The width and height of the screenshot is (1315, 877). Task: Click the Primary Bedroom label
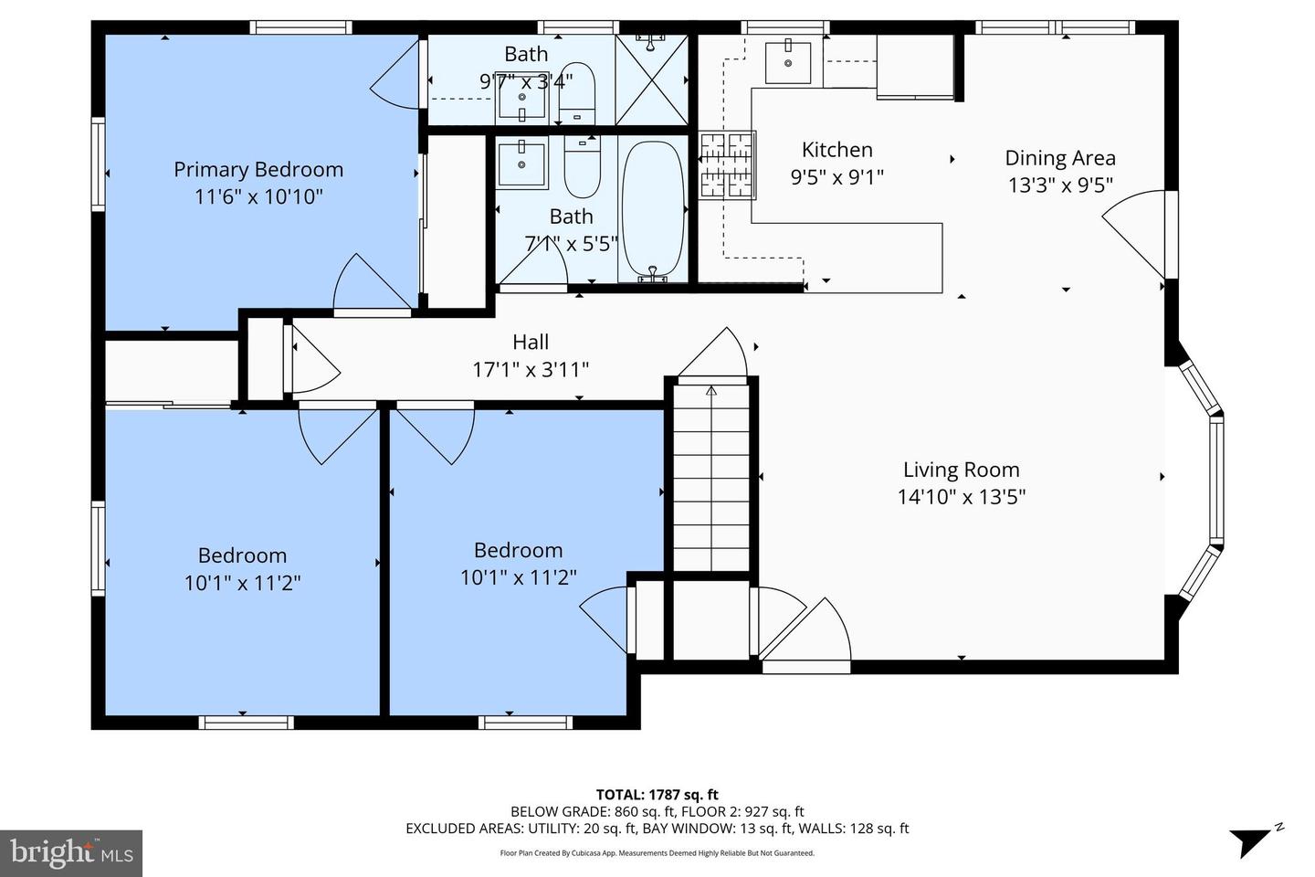[258, 170]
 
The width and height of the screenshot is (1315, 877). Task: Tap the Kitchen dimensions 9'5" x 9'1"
[837, 177]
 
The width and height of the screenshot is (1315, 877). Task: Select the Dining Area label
[1060, 158]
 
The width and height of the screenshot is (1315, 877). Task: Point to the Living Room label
[961, 470]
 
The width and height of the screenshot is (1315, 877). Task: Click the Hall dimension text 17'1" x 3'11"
[531, 370]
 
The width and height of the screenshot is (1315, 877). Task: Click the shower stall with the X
[652, 79]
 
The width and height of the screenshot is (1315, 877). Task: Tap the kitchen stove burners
[727, 165]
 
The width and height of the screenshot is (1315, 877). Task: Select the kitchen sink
[788, 62]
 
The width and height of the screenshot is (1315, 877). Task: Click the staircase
[711, 477]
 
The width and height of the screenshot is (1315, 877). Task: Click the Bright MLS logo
[71, 853]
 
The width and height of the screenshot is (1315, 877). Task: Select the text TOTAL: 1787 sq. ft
[657, 795]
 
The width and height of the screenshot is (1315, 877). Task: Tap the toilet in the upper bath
[576, 94]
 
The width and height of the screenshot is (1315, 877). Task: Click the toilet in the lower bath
[582, 167]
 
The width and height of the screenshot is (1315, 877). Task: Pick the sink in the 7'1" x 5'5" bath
[521, 163]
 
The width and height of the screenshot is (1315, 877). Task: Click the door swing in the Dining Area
[1133, 234]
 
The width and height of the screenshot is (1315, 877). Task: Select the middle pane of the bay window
[1216, 480]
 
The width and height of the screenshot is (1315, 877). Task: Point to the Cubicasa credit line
[657, 853]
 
